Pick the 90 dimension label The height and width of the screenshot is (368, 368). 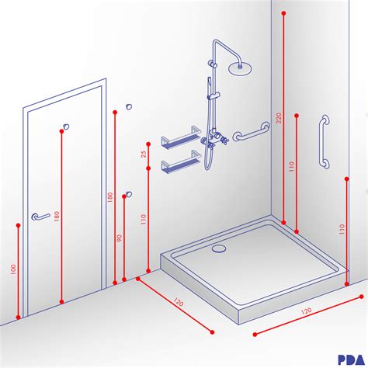point(120,239)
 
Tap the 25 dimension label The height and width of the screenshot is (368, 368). point(144,153)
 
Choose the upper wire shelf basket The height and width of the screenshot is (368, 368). point(179,141)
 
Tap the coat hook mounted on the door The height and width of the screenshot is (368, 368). point(68,125)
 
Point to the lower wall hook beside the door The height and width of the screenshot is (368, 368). point(129,193)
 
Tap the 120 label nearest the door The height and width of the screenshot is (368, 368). point(178,301)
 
